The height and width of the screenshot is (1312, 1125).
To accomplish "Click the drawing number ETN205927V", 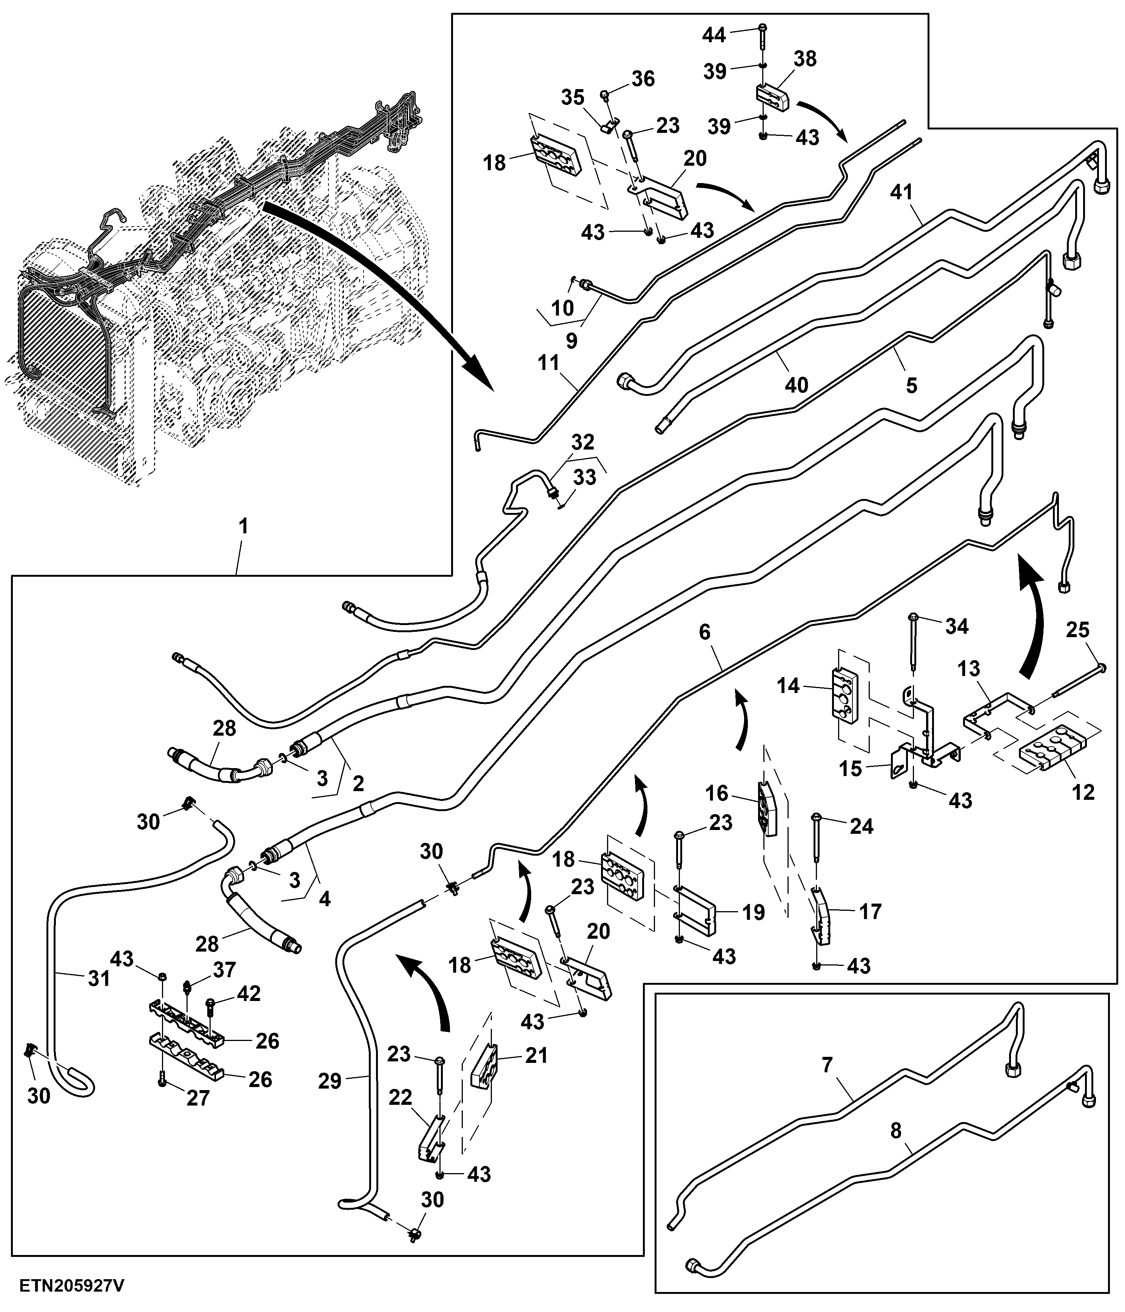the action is coord(72,1286).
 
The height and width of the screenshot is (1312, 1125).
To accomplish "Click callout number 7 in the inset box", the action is coord(827,1065).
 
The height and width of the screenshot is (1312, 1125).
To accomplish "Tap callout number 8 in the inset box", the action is coord(896,1131).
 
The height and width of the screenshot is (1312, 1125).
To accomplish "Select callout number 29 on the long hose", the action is coord(330,1081).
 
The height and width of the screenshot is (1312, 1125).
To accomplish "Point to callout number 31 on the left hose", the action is coord(99,979).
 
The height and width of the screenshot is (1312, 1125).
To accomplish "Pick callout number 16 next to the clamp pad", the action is coord(717,794).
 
